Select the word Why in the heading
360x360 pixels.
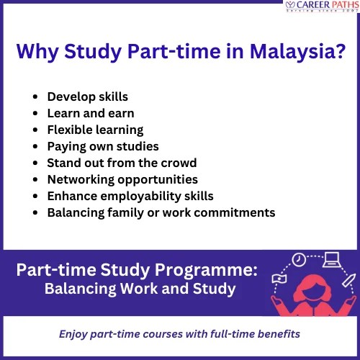coord(35,53)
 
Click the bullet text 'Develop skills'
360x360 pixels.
coord(88,96)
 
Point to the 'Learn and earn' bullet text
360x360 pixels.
coord(91,113)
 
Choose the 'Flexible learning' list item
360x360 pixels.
coord(95,130)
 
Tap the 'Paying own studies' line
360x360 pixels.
coord(100,146)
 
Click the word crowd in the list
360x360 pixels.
coord(178,163)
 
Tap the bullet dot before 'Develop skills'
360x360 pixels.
coord(36,96)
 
